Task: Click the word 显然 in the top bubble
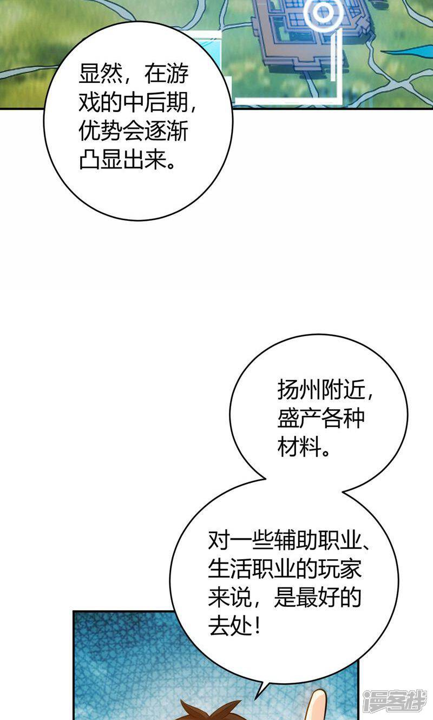point(96,75)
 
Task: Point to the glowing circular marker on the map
point(323,12)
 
